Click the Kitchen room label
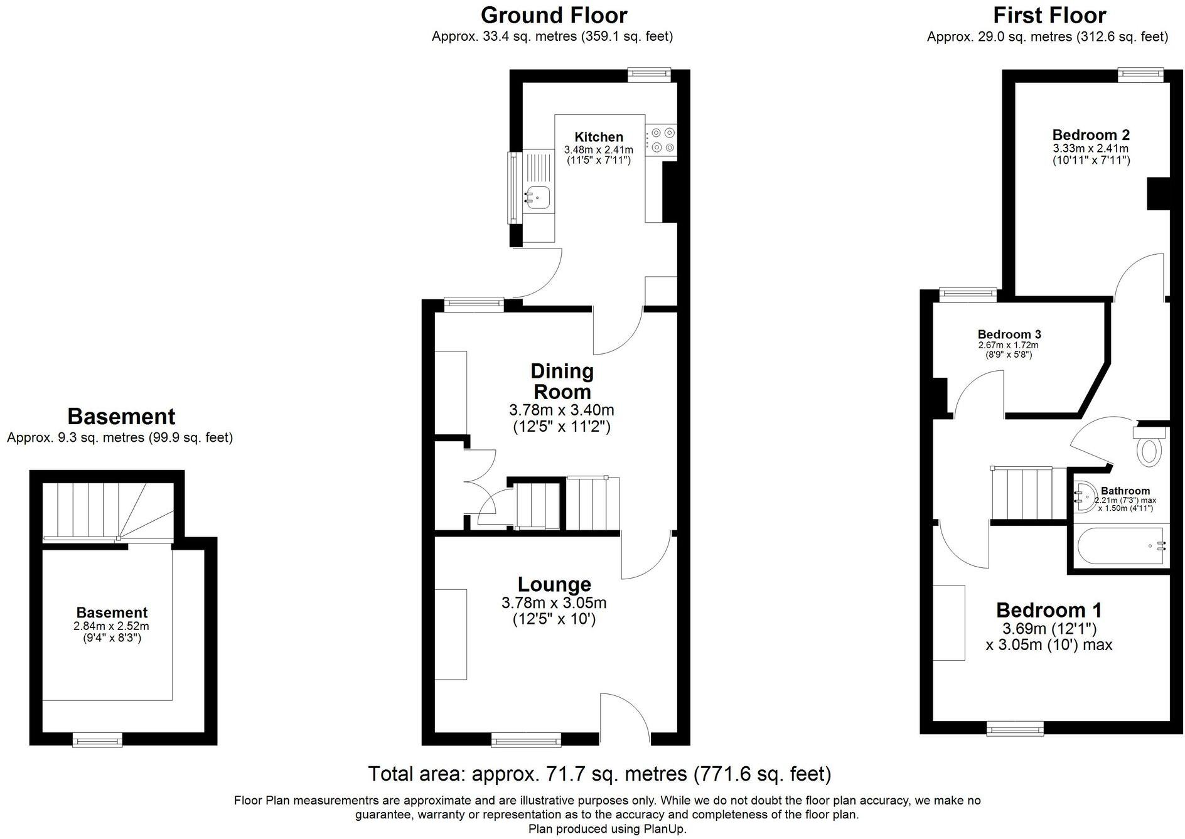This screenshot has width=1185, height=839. tap(599, 137)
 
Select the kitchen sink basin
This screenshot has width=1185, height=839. tap(538, 196)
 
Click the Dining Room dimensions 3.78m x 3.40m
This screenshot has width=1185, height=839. tap(561, 410)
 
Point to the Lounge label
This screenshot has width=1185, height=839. tap(554, 584)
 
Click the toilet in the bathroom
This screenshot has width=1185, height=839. tap(1149, 450)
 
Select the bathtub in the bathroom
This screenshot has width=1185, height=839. tap(1120, 546)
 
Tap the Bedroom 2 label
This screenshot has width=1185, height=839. tap(1091, 135)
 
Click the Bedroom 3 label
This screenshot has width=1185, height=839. tap(1009, 334)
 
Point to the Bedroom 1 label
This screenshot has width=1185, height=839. tap(1049, 610)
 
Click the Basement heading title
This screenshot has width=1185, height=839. tap(121, 416)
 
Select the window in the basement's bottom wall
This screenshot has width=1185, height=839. tap(97, 741)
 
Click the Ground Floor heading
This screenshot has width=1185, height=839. tap(554, 15)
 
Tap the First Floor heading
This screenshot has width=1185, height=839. tap(1049, 15)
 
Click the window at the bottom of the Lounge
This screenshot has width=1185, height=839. tap(526, 740)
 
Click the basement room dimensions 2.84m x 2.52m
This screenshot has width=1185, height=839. tap(111, 626)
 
